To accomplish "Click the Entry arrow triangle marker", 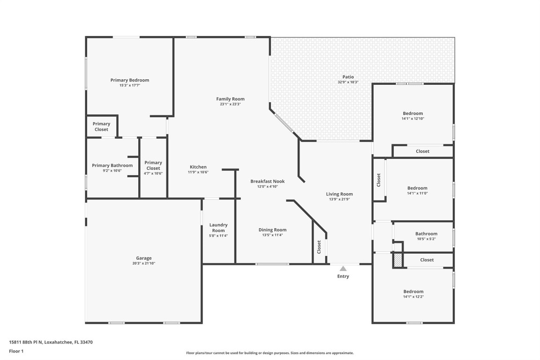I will click(343, 269).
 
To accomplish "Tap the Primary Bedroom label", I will click(129, 80).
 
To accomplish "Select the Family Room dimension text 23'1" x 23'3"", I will click(230, 104).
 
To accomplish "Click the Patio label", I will click(348, 77).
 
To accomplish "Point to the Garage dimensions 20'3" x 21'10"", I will click(144, 263).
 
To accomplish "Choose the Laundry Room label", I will click(218, 227).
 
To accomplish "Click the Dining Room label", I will click(272, 230).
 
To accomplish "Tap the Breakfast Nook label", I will click(267, 181).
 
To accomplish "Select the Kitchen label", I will click(198, 167).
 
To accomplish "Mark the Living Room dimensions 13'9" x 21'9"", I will click(339, 199).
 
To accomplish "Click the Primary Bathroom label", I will click(112, 165).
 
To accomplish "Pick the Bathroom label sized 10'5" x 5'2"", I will click(426, 234).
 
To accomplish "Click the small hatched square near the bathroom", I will click(398, 260).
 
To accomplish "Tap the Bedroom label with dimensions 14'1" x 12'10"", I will click(412, 113).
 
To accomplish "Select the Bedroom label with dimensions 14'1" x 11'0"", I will click(417, 188).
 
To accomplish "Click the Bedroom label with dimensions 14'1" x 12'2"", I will click(413, 291).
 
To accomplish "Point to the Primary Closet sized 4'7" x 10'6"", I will click(153, 165).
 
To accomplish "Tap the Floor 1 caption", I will click(16, 351).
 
